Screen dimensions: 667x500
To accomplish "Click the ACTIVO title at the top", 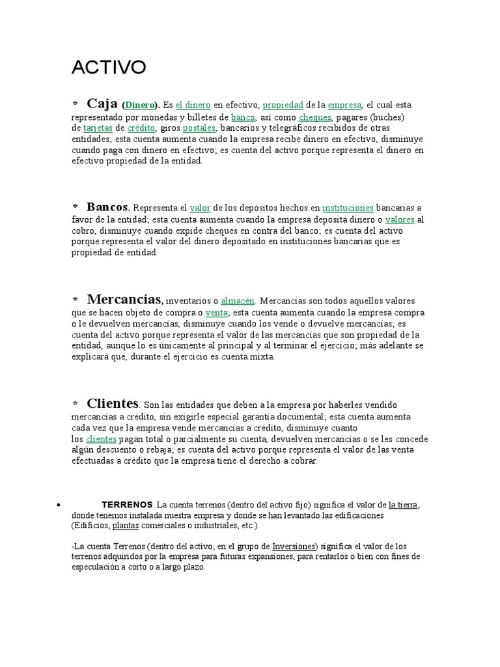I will [x=109, y=67].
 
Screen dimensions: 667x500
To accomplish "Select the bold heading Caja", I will [x=102, y=103].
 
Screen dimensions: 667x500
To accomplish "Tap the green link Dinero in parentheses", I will [x=140, y=105].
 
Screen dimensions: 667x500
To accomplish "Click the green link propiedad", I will [x=283, y=105].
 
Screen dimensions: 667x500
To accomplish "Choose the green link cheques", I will [x=315, y=117].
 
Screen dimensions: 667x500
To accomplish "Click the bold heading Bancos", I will [x=108, y=206].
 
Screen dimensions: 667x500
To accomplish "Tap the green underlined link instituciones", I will [x=348, y=208].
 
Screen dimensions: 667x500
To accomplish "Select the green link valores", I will [x=400, y=220].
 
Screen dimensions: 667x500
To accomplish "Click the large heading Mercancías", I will [x=124, y=299].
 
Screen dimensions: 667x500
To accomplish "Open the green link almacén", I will [x=238, y=301].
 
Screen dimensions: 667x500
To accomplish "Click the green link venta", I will [x=216, y=313].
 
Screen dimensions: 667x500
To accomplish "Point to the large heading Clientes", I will [x=112, y=403].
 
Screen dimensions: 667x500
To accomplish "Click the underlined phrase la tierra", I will [x=403, y=505].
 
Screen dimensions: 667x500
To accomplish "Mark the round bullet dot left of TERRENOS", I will [x=59, y=505].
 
